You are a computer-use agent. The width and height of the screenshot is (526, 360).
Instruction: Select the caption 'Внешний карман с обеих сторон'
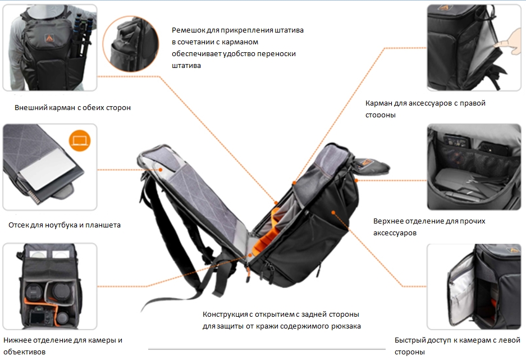tap(72, 107)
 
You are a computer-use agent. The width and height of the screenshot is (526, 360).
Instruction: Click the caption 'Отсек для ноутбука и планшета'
tap(65, 225)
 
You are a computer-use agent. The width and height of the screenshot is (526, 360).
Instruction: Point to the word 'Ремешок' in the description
tap(189, 30)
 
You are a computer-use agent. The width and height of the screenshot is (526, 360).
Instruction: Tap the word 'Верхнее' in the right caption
tap(390, 221)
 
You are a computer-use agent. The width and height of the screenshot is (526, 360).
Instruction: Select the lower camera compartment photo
tap(49, 286)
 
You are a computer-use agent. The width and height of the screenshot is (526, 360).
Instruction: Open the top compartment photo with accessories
tap(474, 167)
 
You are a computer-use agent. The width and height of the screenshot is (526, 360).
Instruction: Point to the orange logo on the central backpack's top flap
tap(368, 162)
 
